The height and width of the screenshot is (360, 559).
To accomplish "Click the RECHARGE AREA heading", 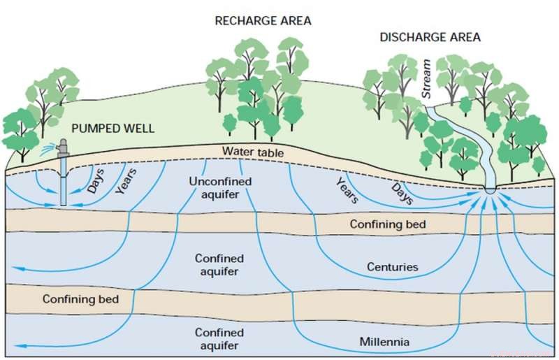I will tap(263, 21).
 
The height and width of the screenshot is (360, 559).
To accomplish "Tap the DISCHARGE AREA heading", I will tap(430, 37).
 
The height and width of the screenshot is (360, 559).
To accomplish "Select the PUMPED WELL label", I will tap(112, 129).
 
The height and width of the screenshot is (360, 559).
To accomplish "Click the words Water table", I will tap(250, 152).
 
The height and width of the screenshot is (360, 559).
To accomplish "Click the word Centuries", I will tap(392, 267).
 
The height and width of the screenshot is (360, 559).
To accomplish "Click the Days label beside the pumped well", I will tap(96, 181).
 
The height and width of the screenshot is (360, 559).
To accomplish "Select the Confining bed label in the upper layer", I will tap(388, 224).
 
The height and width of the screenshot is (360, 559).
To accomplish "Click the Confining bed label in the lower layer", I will tap(80, 299).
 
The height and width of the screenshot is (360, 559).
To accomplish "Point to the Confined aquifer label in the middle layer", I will tap(219, 265).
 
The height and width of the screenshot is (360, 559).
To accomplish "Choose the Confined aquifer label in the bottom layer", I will tap(219, 339).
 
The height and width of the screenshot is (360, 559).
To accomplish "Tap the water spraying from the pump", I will tap(48, 149).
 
